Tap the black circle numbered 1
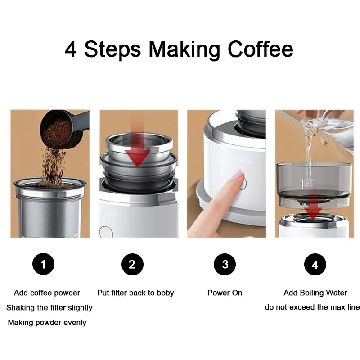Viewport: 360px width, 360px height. click(x=43, y=264)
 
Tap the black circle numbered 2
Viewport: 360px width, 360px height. click(x=132, y=264)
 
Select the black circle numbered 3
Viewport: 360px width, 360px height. click(x=225, y=264)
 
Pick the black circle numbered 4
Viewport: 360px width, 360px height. click(x=315, y=264)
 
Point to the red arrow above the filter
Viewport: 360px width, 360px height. click(x=137, y=148)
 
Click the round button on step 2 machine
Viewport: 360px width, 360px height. click(x=106, y=232)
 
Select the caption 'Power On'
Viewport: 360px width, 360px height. click(x=225, y=293)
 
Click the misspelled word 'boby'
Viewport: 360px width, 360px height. click(x=165, y=293)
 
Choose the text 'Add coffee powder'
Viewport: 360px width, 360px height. click(x=47, y=293)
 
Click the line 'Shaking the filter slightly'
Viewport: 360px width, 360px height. click(x=49, y=308)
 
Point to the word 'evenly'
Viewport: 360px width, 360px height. click(x=75, y=323)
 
